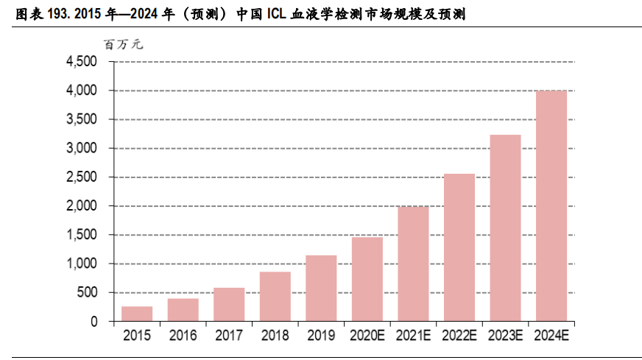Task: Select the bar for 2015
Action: pos(137,314)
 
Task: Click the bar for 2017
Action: pos(229,304)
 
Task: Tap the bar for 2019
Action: pos(321,288)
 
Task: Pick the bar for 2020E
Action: pos(367,279)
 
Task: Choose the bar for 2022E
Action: pos(459,247)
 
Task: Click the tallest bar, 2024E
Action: pos(551,205)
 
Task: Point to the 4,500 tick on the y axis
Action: pos(82,62)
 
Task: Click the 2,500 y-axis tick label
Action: pos(82,177)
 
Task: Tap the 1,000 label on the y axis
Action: pos(82,264)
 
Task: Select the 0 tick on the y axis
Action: pos(94,322)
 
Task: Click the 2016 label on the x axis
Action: pos(183,336)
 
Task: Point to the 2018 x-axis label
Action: pos(275,336)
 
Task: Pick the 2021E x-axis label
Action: pos(413,336)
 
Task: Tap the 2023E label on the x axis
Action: pos(505,336)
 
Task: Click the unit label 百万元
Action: pos(124,44)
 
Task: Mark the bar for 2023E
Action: pos(505,228)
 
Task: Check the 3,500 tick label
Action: pos(82,119)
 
